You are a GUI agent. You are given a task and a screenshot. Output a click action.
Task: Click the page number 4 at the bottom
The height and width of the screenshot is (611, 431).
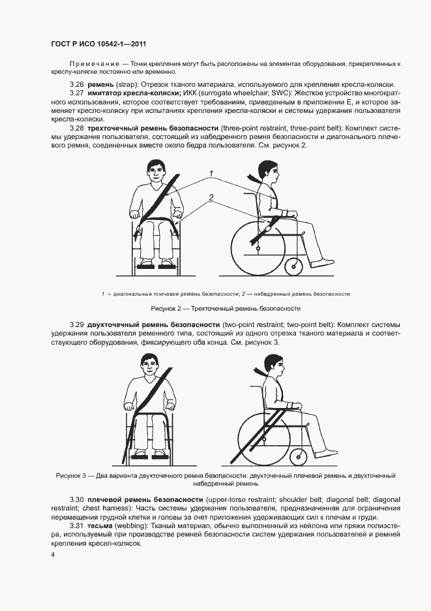click(53, 555)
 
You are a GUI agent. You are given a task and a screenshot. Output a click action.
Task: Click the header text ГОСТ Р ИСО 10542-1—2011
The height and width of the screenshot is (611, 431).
click(98, 44)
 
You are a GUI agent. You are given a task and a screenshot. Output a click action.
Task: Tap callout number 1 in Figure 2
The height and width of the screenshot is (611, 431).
click(211, 174)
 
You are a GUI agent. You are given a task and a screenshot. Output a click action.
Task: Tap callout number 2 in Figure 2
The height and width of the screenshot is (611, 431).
click(211, 198)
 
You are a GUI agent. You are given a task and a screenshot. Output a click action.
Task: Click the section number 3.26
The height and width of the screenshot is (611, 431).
click(77, 85)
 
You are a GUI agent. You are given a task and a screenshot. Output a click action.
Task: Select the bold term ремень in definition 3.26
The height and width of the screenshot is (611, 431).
click(100, 85)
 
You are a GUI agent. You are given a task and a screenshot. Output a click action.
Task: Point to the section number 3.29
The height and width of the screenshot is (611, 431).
click(77, 324)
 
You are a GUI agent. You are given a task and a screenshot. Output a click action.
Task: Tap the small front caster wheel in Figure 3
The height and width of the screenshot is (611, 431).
click(298, 456)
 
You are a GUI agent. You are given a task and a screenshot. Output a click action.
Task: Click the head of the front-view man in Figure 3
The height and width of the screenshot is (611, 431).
click(151, 365)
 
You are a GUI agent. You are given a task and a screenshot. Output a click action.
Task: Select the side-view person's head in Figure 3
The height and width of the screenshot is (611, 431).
click(274, 366)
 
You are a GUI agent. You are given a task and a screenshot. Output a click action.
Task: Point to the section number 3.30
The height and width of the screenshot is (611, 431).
click(77, 500)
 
